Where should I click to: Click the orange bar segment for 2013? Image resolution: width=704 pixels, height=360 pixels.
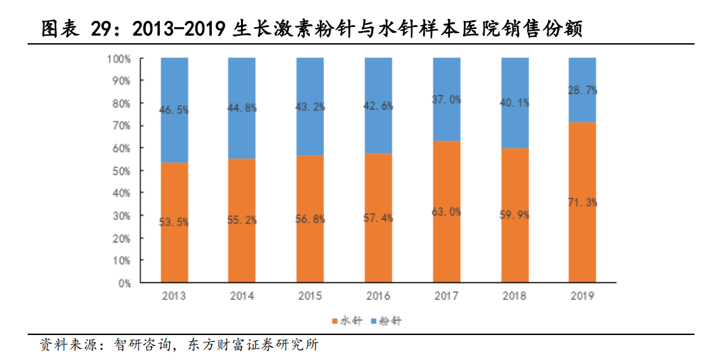174,243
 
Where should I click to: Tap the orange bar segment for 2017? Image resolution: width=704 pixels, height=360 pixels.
447,243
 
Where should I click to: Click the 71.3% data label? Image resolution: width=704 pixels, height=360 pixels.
583,202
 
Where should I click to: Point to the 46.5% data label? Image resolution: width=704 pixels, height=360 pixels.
174,109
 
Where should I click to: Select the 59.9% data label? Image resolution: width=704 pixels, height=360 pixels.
514,215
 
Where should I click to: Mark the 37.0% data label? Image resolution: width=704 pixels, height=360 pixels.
447,99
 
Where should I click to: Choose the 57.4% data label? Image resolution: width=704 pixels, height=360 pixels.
379,217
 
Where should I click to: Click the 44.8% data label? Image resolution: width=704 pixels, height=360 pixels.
242,107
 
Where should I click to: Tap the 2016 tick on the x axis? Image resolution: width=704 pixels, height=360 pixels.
379,297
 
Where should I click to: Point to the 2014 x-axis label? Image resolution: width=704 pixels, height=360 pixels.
242,297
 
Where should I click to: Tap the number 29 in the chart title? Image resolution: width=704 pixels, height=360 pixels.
103,30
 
